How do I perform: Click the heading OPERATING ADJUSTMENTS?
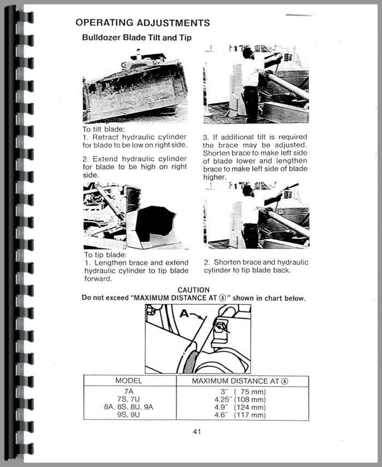click(x=143, y=22)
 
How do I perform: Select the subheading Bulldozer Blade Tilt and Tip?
click(x=136, y=38)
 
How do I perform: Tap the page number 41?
click(x=197, y=432)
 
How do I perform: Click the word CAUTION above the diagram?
click(x=194, y=290)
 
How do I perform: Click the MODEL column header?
click(x=129, y=381)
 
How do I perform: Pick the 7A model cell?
click(x=129, y=392)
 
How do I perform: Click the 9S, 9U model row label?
click(x=129, y=415)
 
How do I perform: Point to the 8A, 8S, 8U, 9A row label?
click(x=129, y=407)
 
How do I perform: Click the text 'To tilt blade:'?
click(x=104, y=129)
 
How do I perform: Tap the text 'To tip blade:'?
click(x=105, y=255)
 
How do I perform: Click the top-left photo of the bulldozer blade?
click(x=135, y=87)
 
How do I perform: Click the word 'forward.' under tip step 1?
click(x=98, y=279)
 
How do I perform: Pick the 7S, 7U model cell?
click(x=129, y=399)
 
